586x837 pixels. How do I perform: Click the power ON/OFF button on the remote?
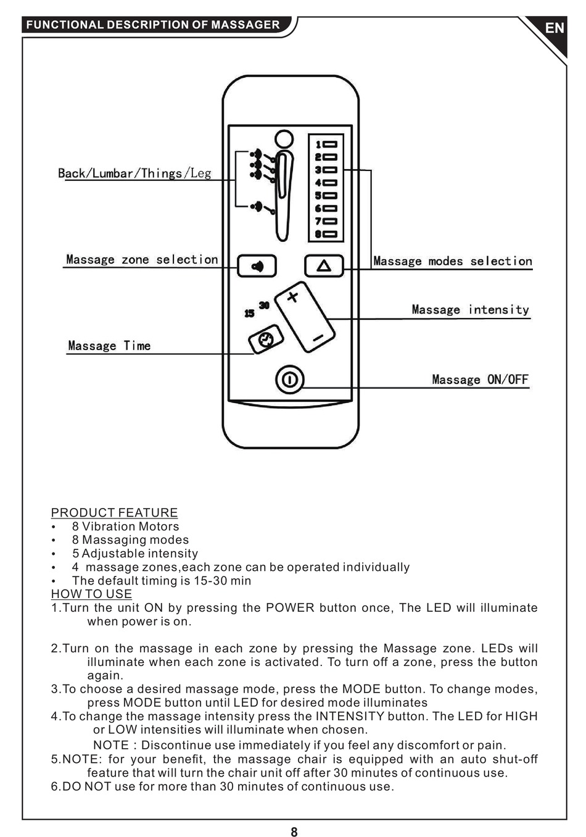(x=289, y=379)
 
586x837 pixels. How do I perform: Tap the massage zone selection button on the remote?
(x=257, y=266)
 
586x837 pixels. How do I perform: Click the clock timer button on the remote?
(x=266, y=339)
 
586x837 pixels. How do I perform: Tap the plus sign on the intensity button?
(x=292, y=296)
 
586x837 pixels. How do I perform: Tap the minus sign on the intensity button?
(x=318, y=338)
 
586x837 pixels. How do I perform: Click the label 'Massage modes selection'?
(x=452, y=261)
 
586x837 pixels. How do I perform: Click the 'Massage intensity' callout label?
(x=470, y=309)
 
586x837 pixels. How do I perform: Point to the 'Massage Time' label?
(x=109, y=346)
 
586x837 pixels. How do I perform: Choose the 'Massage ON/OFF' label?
(x=480, y=380)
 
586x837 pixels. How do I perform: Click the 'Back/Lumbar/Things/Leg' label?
(x=134, y=173)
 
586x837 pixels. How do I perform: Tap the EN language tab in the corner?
(x=554, y=28)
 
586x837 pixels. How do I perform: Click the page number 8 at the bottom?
(x=294, y=832)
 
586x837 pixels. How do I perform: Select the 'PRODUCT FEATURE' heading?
(x=114, y=512)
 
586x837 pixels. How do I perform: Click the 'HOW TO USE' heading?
(x=91, y=594)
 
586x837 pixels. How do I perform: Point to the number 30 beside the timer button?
(x=264, y=305)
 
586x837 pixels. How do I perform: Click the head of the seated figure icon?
(x=284, y=139)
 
